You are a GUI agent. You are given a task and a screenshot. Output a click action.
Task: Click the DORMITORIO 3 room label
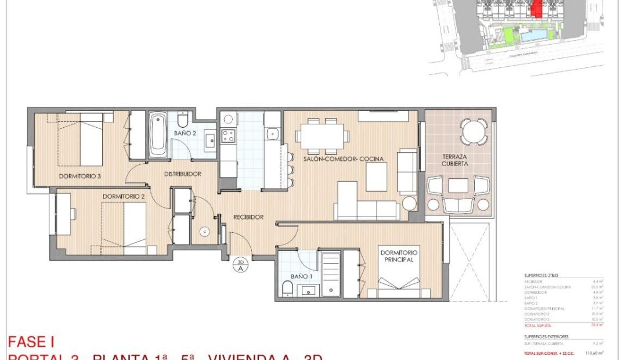[x=80, y=176]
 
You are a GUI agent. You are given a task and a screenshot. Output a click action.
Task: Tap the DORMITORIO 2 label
[x=123, y=196]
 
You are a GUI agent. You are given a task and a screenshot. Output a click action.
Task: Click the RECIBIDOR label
[x=248, y=217]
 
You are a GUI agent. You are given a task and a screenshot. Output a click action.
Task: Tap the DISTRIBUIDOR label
[x=182, y=174]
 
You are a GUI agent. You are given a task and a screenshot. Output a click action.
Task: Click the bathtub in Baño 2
[x=157, y=135]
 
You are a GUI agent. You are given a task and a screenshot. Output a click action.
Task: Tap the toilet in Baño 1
[x=287, y=288]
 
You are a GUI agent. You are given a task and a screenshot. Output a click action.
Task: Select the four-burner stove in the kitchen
[x=228, y=137]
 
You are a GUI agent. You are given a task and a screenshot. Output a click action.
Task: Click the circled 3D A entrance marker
[x=240, y=265]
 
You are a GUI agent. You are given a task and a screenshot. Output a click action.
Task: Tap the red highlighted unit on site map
[x=537, y=9]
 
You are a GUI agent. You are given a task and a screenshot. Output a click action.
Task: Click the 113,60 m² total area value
[x=595, y=352]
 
